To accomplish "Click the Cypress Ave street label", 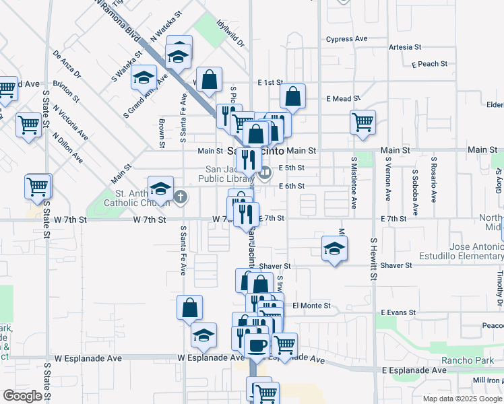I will (x=347, y=39).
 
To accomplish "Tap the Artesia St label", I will (x=405, y=47).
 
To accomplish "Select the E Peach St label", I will (x=429, y=64).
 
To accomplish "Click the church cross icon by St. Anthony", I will (x=181, y=197).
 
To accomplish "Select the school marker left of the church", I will (x=160, y=188).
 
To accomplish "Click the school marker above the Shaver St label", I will (x=334, y=248).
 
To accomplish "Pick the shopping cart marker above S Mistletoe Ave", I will (x=363, y=122).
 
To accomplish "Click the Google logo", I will (x=22, y=396).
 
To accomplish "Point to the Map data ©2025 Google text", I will (x=462, y=399).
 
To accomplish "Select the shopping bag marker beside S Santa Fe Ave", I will (x=190, y=308).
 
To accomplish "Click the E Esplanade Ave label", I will (x=414, y=370).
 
